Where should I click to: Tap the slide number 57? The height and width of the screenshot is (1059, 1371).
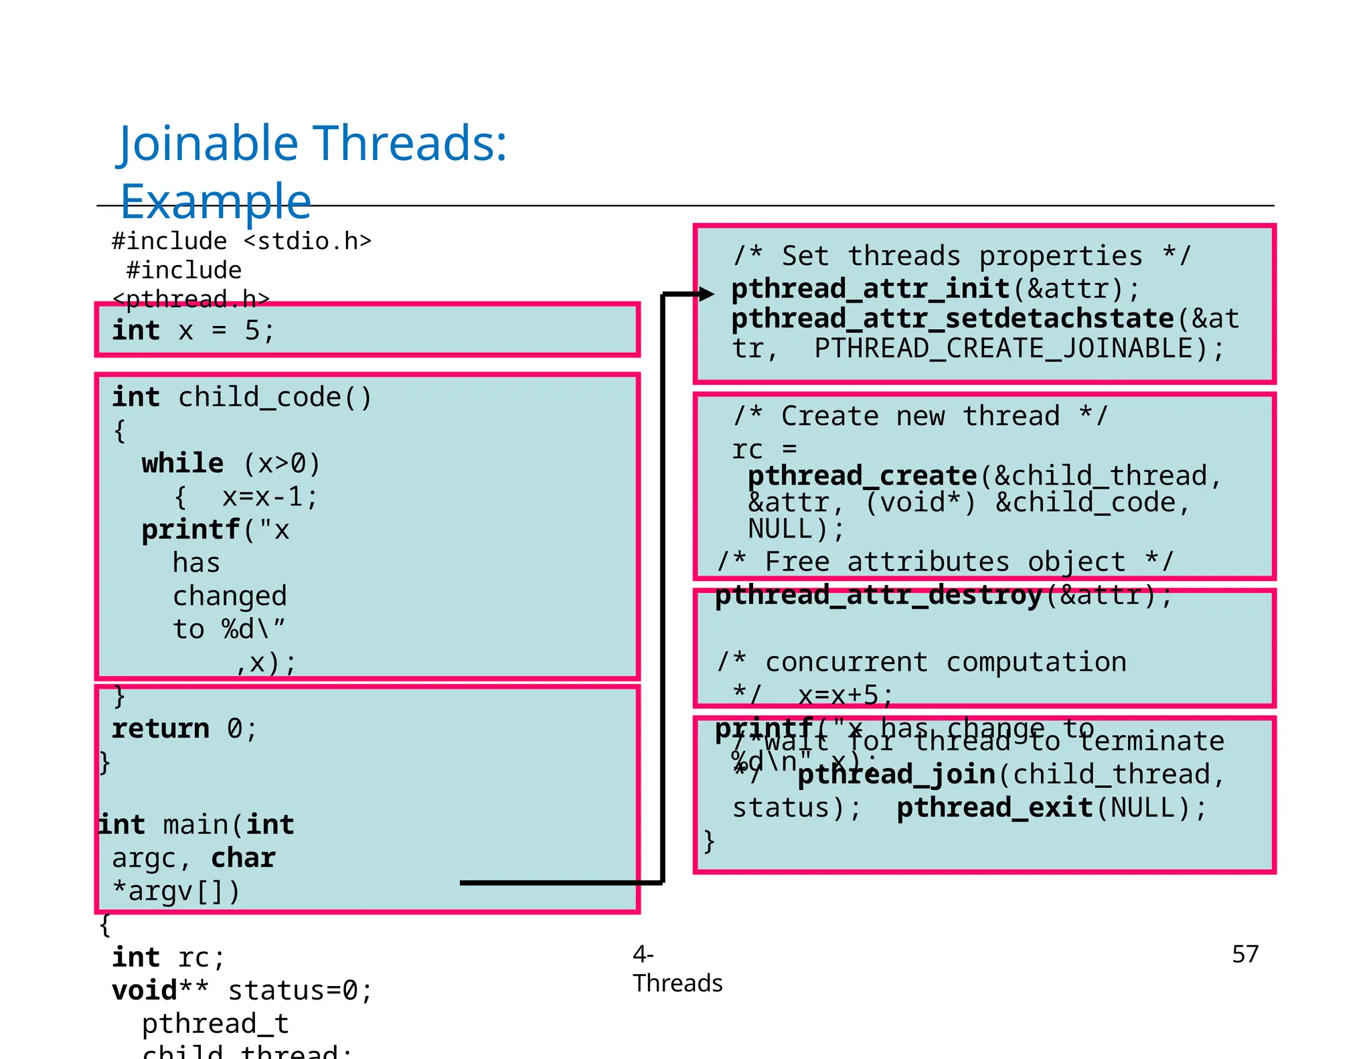(x=1245, y=954)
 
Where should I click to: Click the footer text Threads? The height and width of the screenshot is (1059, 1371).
(x=677, y=983)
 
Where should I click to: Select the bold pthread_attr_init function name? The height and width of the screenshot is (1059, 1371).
(x=870, y=289)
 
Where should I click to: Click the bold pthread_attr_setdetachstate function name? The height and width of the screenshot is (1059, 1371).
(x=953, y=319)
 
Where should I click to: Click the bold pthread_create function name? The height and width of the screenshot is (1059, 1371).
(x=862, y=476)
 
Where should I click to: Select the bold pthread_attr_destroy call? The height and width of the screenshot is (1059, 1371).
(x=878, y=595)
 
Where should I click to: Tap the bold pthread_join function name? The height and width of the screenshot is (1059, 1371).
(x=897, y=775)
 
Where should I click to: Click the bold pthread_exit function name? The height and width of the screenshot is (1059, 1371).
(x=995, y=808)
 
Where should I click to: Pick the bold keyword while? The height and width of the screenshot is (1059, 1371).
(x=182, y=463)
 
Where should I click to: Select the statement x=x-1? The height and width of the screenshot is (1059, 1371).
(x=270, y=497)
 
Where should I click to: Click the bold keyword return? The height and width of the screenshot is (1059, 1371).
(x=161, y=728)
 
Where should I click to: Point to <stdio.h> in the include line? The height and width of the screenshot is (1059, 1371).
(x=307, y=241)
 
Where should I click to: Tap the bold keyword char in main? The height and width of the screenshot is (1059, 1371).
(x=243, y=858)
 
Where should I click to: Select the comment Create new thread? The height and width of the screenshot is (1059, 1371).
(x=920, y=416)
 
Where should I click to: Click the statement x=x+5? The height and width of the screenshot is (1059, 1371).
(x=845, y=696)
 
